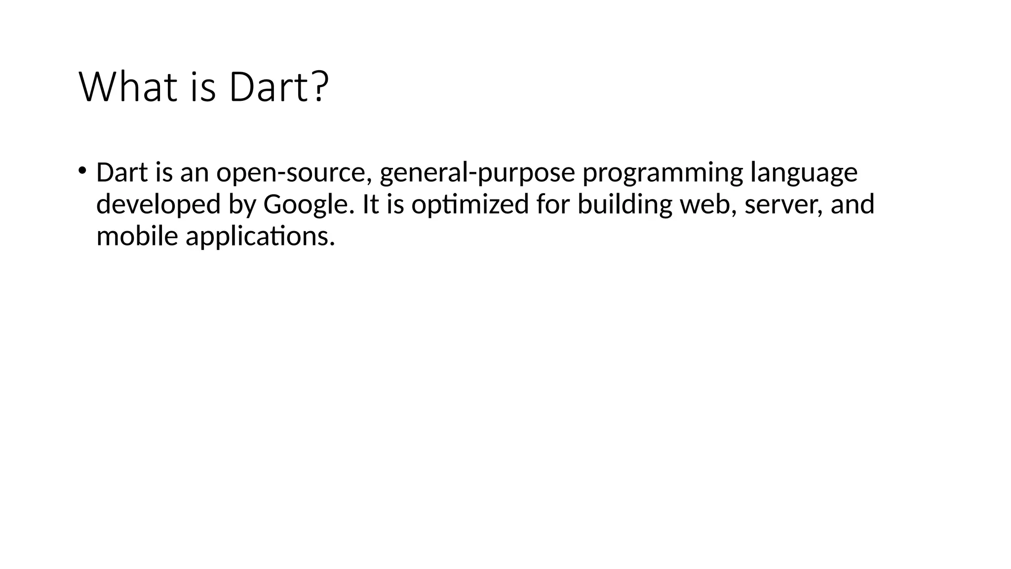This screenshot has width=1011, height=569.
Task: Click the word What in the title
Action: tap(127, 87)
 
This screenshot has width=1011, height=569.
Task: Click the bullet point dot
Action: tap(82, 171)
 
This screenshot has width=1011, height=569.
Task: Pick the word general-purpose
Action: tap(477, 173)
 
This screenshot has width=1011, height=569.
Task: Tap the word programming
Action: tap(662, 173)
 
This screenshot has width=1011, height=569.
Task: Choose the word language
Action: tap(804, 173)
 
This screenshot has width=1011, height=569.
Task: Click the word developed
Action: tap(158, 205)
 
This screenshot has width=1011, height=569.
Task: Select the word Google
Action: tap(309, 205)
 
